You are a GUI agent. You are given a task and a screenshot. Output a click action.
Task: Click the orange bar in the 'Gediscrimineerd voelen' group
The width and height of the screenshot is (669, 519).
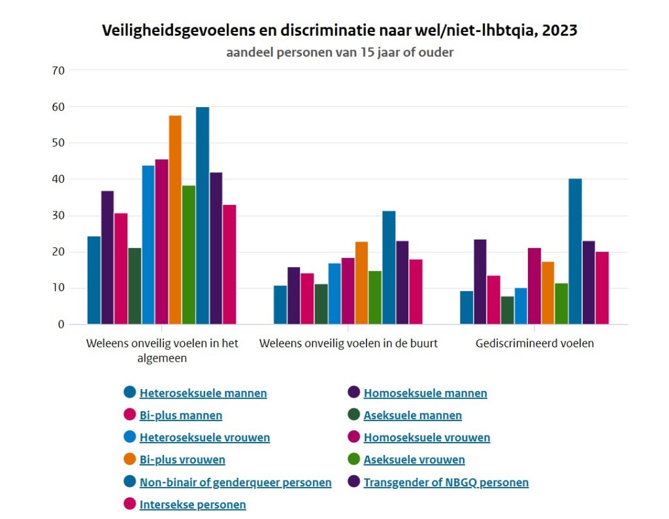[548, 293]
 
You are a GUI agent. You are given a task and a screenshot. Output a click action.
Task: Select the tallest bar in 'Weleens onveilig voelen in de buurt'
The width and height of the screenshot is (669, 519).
[389, 268]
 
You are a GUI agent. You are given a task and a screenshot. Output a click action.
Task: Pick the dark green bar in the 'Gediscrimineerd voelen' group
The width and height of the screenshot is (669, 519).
[507, 311]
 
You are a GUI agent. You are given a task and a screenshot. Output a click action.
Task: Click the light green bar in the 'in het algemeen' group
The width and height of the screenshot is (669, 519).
[189, 255]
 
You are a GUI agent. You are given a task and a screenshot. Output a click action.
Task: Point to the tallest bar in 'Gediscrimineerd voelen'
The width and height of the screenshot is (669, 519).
[575, 251]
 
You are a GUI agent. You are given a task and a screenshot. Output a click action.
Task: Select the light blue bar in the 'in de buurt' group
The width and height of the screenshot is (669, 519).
[334, 294]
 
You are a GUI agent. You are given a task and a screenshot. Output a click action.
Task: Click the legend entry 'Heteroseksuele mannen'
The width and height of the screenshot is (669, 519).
[203, 393]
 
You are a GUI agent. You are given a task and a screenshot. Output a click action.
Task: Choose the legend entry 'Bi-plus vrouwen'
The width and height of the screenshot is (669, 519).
[182, 460]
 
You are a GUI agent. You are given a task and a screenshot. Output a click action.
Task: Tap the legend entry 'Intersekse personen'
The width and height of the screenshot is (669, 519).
[193, 505]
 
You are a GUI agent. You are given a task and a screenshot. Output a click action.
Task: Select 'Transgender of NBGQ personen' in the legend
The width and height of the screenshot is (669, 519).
[446, 482]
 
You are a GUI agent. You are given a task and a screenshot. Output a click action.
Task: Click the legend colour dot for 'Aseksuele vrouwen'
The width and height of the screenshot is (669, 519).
[353, 460]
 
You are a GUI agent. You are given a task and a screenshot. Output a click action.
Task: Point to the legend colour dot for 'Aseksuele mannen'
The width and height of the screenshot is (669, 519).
[353, 415]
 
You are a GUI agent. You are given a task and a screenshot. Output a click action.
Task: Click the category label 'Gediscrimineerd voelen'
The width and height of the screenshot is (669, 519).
[534, 343]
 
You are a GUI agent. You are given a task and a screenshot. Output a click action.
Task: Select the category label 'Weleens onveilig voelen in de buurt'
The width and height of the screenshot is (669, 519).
[348, 343]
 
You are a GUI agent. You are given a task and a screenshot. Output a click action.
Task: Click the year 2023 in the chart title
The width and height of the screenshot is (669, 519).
[559, 30]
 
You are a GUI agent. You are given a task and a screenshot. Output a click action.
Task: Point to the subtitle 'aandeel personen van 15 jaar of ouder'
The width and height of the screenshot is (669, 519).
[340, 52]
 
